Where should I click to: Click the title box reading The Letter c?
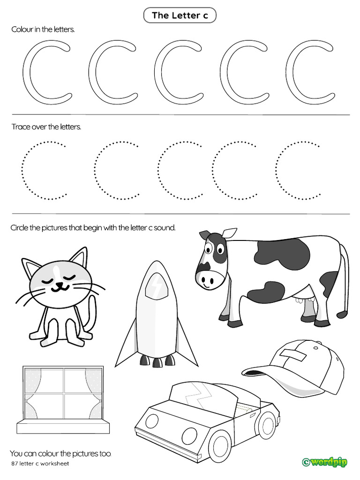(x=180, y=15)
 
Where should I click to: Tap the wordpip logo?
(x=325, y=462)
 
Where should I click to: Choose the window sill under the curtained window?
(x=63, y=427)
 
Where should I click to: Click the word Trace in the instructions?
(x=21, y=127)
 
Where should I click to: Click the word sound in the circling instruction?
(x=164, y=228)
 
